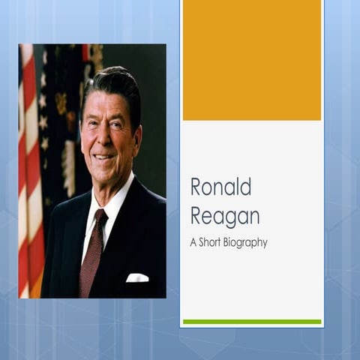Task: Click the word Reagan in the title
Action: click(x=224, y=215)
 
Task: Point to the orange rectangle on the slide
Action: click(x=251, y=60)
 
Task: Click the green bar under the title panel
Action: click(x=251, y=322)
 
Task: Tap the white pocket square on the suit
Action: click(x=136, y=278)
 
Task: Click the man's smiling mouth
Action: click(x=104, y=157)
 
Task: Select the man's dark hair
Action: click(x=112, y=82)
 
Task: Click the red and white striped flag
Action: click(x=30, y=172)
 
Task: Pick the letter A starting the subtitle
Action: click(x=193, y=243)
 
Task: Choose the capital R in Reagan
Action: click(x=196, y=215)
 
